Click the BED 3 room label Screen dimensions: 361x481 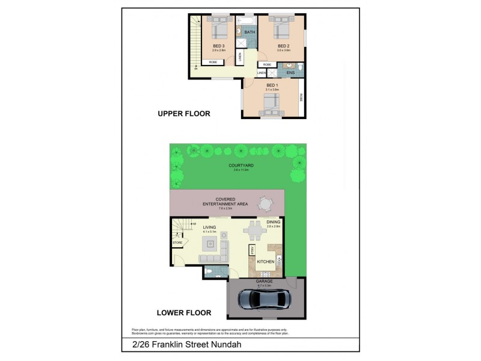(219, 46)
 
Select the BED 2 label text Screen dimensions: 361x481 (284, 46)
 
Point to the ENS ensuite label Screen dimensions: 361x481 (290, 73)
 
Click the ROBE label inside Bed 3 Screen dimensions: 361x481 (213, 63)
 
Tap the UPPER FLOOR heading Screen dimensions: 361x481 (183, 114)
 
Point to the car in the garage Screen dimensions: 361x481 (263, 300)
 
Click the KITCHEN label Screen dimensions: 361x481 (266, 262)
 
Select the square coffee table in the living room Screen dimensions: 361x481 (210, 244)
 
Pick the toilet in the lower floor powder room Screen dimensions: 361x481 (207, 271)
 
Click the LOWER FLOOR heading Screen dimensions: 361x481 (185, 312)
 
